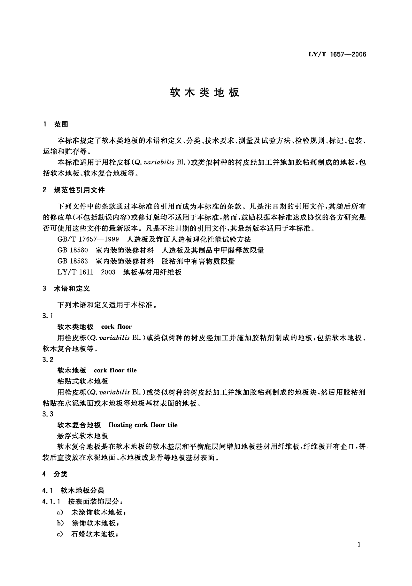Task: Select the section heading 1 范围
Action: coord(56,124)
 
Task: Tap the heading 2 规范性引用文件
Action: coord(74,190)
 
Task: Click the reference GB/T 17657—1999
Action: coord(88,239)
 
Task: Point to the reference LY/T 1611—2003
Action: coord(86,272)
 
